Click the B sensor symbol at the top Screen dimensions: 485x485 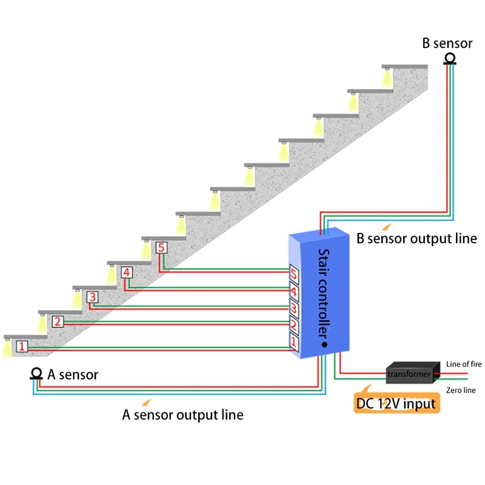449,59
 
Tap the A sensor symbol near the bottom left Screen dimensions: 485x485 36,374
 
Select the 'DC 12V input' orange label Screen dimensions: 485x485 396,403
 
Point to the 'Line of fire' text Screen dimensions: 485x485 464,364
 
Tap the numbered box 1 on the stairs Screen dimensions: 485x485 22,347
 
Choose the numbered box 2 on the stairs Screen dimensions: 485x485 57,322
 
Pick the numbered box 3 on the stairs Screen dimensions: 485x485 92,297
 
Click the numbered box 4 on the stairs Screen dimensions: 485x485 126,272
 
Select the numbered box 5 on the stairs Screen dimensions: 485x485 161,247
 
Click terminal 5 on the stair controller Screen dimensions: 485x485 294,275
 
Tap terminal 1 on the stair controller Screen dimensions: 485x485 294,343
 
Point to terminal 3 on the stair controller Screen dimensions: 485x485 294,309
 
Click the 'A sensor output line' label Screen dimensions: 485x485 182,415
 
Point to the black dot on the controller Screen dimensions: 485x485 324,344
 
